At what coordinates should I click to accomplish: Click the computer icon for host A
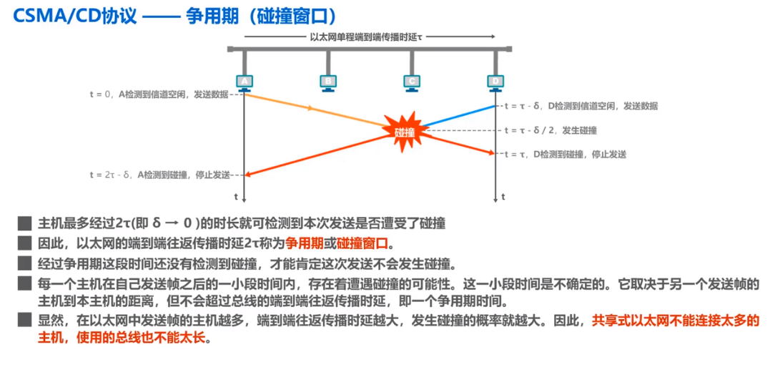click(x=245, y=83)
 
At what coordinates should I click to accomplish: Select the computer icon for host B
click(x=327, y=83)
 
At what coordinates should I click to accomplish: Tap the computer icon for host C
click(x=410, y=83)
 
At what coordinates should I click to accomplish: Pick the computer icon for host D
click(x=495, y=83)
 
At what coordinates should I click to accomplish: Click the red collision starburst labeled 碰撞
click(x=405, y=131)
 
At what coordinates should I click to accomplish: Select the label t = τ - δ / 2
click(x=551, y=130)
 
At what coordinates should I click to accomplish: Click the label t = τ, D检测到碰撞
click(x=566, y=154)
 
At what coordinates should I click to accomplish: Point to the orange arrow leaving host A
click(x=312, y=109)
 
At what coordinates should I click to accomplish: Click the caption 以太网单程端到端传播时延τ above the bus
click(x=365, y=36)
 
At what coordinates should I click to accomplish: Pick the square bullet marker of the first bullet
click(x=25, y=223)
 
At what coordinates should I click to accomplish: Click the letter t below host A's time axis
click(x=236, y=195)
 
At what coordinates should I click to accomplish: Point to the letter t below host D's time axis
click(x=503, y=195)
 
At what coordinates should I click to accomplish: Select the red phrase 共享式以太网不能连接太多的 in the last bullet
click(x=676, y=321)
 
